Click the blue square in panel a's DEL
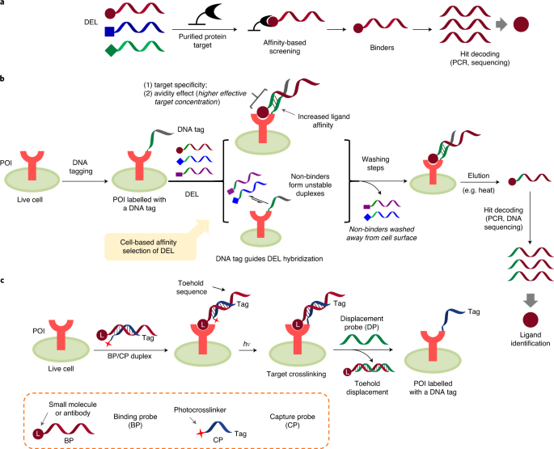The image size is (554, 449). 109,32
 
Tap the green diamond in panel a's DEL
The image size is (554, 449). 111,50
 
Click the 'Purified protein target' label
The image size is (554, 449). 202,40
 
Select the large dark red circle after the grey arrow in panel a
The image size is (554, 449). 521,24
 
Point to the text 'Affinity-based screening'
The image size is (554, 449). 285,47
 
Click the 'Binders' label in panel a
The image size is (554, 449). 382,48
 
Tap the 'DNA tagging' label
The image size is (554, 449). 80,167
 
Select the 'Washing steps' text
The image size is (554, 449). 375,163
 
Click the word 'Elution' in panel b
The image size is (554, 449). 479,176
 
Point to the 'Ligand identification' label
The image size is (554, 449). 531,339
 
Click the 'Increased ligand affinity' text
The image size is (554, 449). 324,121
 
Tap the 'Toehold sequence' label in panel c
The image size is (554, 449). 191,287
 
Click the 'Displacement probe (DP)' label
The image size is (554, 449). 362,323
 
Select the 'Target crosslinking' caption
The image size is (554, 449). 297,374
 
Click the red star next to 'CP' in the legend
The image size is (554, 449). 201,433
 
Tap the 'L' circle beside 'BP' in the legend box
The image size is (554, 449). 38,434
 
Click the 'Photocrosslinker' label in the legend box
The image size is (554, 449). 200,409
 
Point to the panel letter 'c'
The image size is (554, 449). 2,281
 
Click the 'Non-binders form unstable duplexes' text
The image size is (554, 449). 311,185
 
